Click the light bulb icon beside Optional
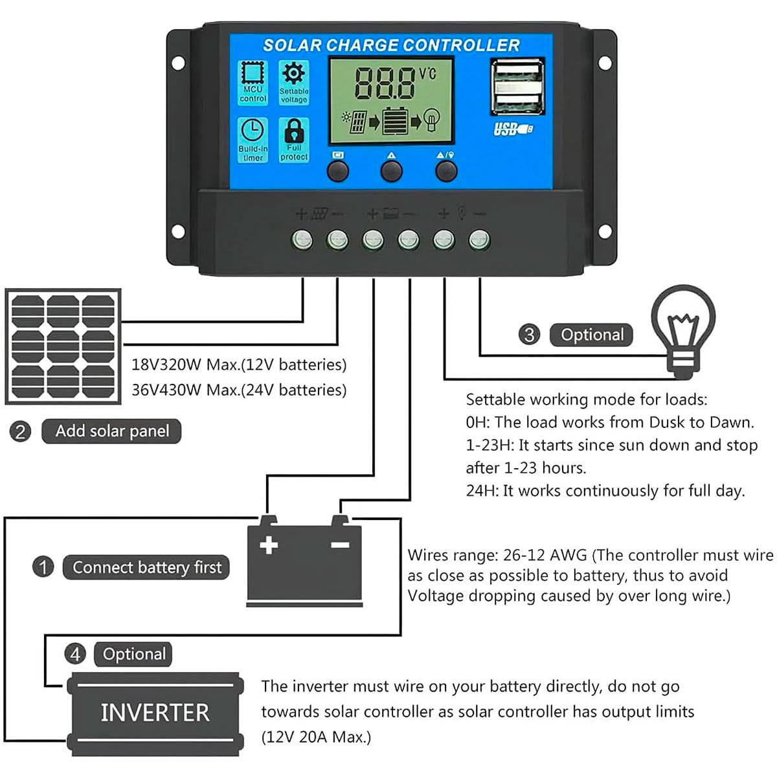[683, 330]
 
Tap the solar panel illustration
[63, 346]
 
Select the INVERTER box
[155, 713]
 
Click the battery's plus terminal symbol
[269, 545]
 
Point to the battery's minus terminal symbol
[340, 545]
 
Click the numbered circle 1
[43, 567]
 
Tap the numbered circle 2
[20, 431]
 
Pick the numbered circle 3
[529, 334]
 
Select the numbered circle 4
[75, 654]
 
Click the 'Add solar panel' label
[111, 431]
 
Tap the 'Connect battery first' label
[146, 567]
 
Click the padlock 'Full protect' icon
[294, 139]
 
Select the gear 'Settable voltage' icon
[294, 82]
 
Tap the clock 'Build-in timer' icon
[253, 139]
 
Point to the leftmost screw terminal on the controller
[302, 240]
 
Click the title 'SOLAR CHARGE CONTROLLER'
[391, 45]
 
